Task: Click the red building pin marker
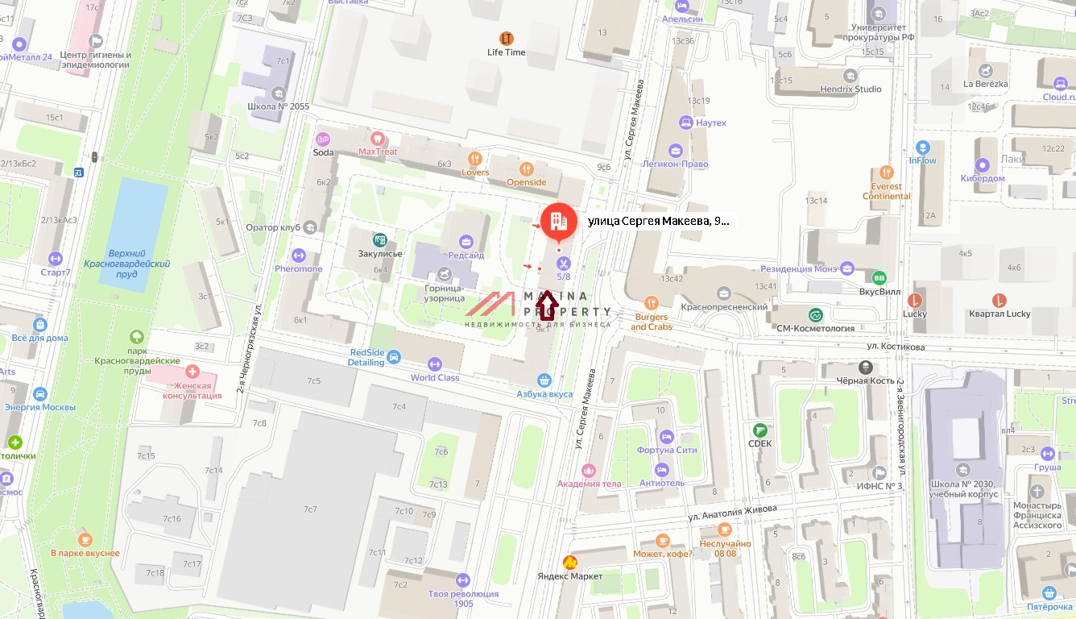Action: [x=558, y=221]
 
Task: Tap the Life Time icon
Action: [x=506, y=38]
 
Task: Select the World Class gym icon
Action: [x=435, y=364]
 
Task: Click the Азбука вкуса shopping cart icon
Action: [x=545, y=380]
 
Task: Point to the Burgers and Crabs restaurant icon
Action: [x=652, y=303]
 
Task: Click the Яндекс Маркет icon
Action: [x=570, y=562]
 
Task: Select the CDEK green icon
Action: [x=759, y=430]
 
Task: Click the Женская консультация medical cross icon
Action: [x=192, y=372]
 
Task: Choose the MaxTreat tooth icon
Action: [x=378, y=138]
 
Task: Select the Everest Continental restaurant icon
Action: [x=887, y=172]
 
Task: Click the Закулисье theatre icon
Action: [x=379, y=239]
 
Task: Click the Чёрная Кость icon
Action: [x=865, y=367]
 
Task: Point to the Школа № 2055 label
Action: [x=279, y=106]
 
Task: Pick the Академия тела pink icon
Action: [x=590, y=470]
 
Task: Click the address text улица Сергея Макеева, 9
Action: [x=658, y=221]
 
